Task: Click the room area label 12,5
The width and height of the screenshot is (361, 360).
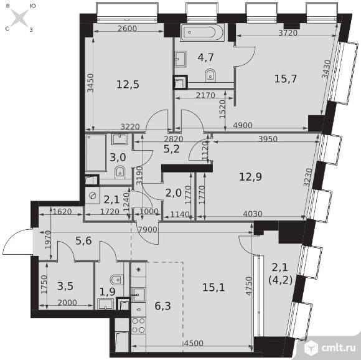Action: click(128, 85)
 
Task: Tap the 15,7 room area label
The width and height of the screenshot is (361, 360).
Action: click(286, 79)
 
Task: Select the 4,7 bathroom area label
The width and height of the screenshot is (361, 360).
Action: click(206, 57)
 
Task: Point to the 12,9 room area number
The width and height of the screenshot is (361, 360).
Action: click(250, 177)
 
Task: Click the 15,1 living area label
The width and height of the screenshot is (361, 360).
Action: click(213, 288)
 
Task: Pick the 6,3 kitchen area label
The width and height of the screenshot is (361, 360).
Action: click(163, 306)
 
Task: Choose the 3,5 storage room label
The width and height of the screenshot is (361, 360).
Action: click(65, 287)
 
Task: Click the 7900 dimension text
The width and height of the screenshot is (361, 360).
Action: click(148, 230)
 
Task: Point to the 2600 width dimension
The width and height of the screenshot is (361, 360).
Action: click(128, 29)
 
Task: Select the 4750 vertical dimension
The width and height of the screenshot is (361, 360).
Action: click(249, 286)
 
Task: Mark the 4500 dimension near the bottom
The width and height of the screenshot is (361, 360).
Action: click(194, 343)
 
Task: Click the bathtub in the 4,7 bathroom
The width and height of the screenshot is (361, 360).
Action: click(202, 32)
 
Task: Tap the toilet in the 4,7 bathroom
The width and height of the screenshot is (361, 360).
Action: click(210, 75)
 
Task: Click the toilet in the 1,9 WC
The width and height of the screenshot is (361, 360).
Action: click(117, 280)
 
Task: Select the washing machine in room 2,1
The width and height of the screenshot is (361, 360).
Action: click(93, 196)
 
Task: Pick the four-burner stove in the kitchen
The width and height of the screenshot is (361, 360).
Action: click(139, 326)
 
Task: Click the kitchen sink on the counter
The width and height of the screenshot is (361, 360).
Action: click(138, 294)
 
